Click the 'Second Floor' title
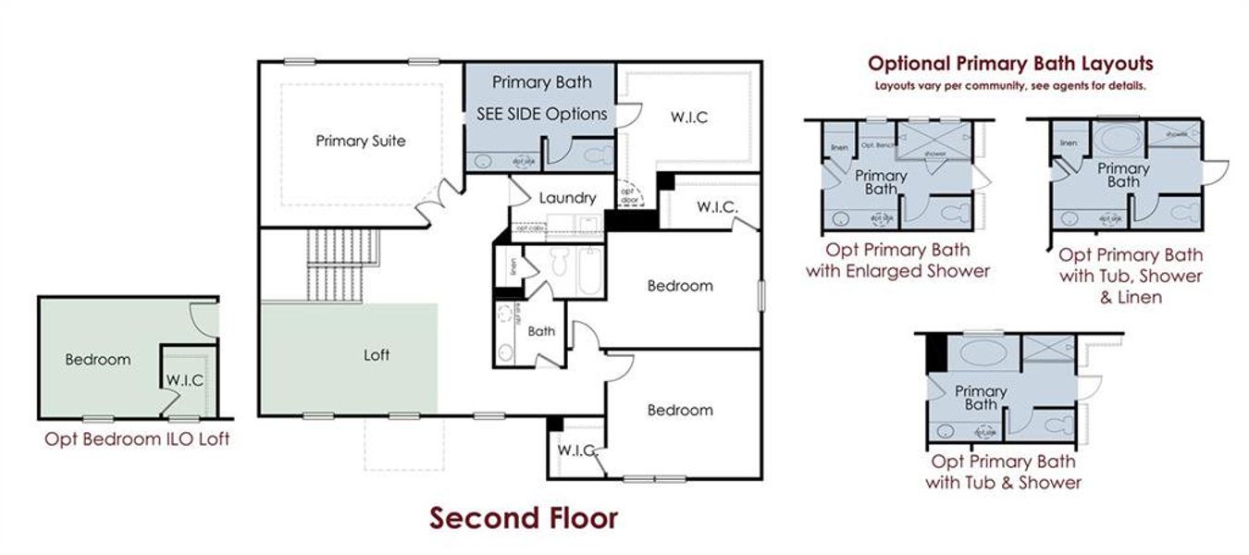click(523, 518)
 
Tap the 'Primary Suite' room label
click(361, 142)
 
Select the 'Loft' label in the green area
click(377, 354)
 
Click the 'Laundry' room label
click(566, 198)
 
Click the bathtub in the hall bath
click(587, 270)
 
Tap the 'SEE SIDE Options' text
click(541, 114)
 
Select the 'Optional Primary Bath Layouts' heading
click(1010, 64)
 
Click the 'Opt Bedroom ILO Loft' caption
click(137, 439)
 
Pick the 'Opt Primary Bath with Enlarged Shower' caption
click(897, 260)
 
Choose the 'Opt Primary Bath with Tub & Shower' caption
click(1004, 472)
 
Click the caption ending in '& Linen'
click(1130, 276)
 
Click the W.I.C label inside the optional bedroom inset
click(185, 380)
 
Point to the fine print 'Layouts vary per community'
click(1010, 86)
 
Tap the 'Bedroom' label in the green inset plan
click(97, 360)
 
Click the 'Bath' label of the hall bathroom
click(541, 331)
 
